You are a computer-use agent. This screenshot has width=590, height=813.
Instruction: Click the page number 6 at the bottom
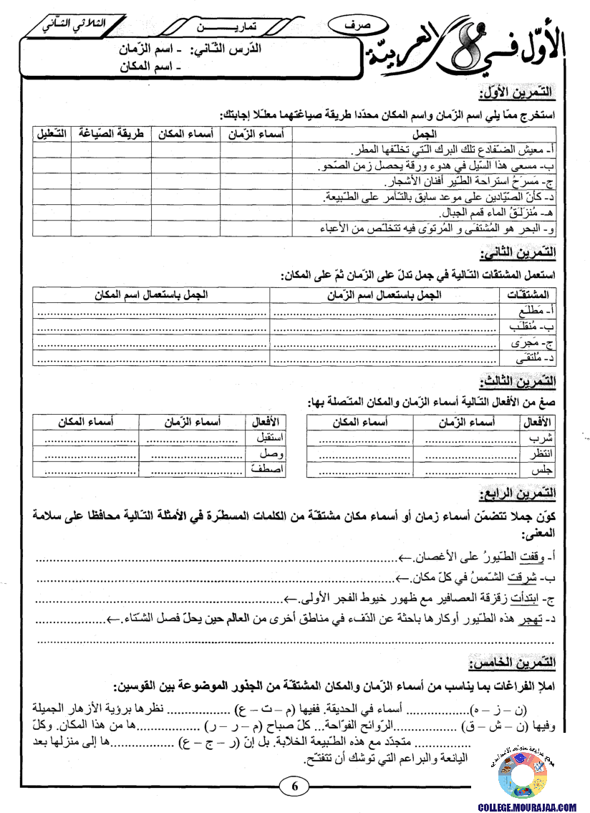point(294,786)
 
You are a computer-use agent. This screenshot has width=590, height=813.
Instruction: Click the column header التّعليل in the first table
point(51,134)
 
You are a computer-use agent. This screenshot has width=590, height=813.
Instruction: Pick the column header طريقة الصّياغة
point(110,134)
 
